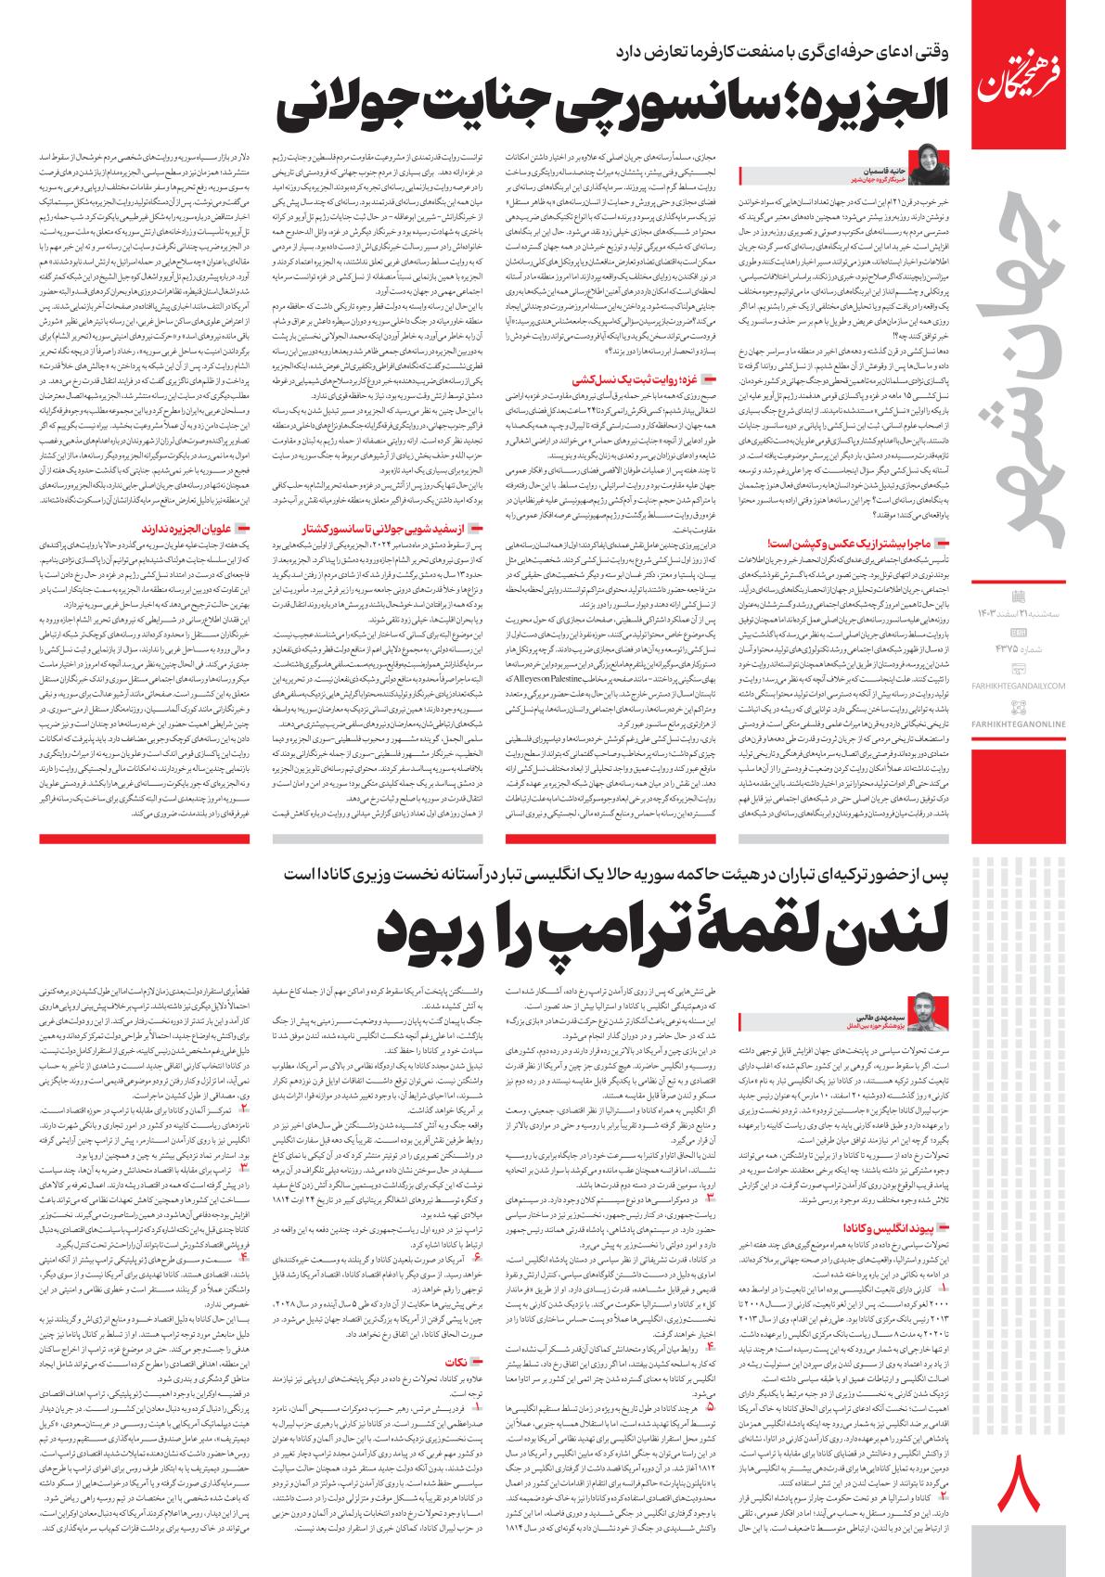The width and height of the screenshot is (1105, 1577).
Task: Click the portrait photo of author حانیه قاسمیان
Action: (929, 162)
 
